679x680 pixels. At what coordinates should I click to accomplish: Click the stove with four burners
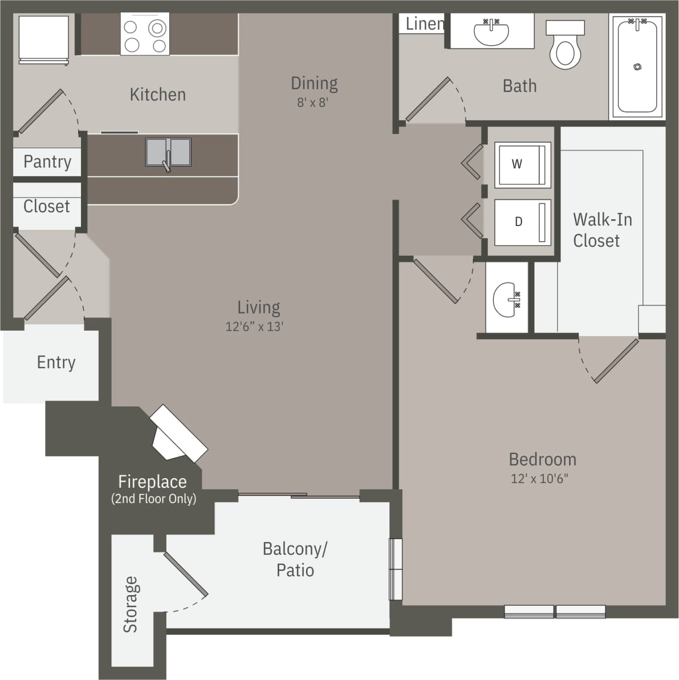(x=144, y=34)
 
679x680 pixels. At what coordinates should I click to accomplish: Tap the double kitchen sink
(x=168, y=153)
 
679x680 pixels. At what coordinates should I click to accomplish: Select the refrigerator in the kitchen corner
(x=44, y=39)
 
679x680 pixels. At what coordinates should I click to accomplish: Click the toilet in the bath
(x=565, y=47)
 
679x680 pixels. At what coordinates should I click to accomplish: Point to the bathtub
(x=637, y=66)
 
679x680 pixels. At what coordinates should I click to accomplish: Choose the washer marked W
(x=522, y=164)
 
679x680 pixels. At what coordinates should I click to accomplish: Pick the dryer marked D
(x=522, y=222)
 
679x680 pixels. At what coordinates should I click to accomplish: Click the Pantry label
(x=47, y=162)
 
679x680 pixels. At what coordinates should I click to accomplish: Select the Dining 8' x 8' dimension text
(x=313, y=103)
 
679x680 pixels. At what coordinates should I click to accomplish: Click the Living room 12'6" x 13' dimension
(x=254, y=327)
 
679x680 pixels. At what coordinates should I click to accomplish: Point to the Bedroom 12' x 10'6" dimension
(x=539, y=478)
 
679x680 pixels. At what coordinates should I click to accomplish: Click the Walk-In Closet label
(x=602, y=230)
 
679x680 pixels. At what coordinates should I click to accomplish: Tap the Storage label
(x=130, y=604)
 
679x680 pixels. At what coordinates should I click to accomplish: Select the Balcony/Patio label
(x=295, y=559)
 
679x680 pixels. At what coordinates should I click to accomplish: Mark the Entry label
(x=56, y=362)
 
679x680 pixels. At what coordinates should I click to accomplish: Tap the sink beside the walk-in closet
(x=506, y=299)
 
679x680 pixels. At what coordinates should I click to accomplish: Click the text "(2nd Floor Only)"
(x=153, y=499)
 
